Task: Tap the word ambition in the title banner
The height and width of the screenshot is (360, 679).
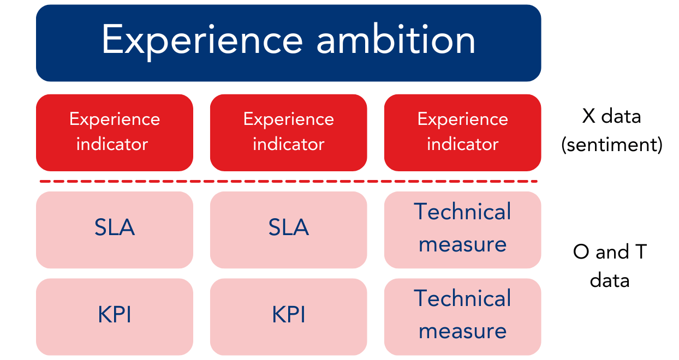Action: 396,40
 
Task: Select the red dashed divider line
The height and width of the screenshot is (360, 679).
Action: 288,181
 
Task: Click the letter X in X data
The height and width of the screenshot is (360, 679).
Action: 588,116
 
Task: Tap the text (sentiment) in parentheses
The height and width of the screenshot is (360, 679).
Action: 611,145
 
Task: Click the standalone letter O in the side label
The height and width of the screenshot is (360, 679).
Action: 581,252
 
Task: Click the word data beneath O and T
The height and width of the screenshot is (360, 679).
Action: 610,280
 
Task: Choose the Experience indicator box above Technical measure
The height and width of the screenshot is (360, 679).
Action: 462,133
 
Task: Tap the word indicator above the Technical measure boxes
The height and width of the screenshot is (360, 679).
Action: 462,145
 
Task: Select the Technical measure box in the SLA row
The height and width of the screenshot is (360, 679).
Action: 462,230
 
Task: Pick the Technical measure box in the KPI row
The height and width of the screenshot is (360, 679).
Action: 462,316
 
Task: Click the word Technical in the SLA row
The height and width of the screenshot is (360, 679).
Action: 462,212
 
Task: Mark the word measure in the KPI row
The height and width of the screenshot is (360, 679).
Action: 462,331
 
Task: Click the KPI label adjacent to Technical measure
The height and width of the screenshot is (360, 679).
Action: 288,315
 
